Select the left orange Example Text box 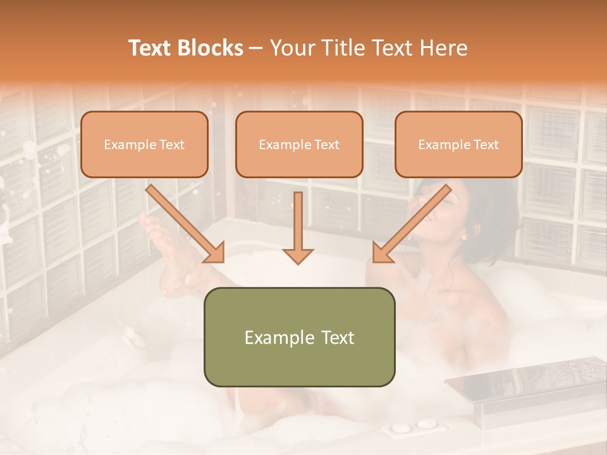144,145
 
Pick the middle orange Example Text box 299,145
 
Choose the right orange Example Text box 458,145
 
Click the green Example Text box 299,337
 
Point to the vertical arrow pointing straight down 298,227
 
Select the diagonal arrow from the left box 185,224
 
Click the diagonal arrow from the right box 412,224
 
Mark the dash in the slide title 256,49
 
